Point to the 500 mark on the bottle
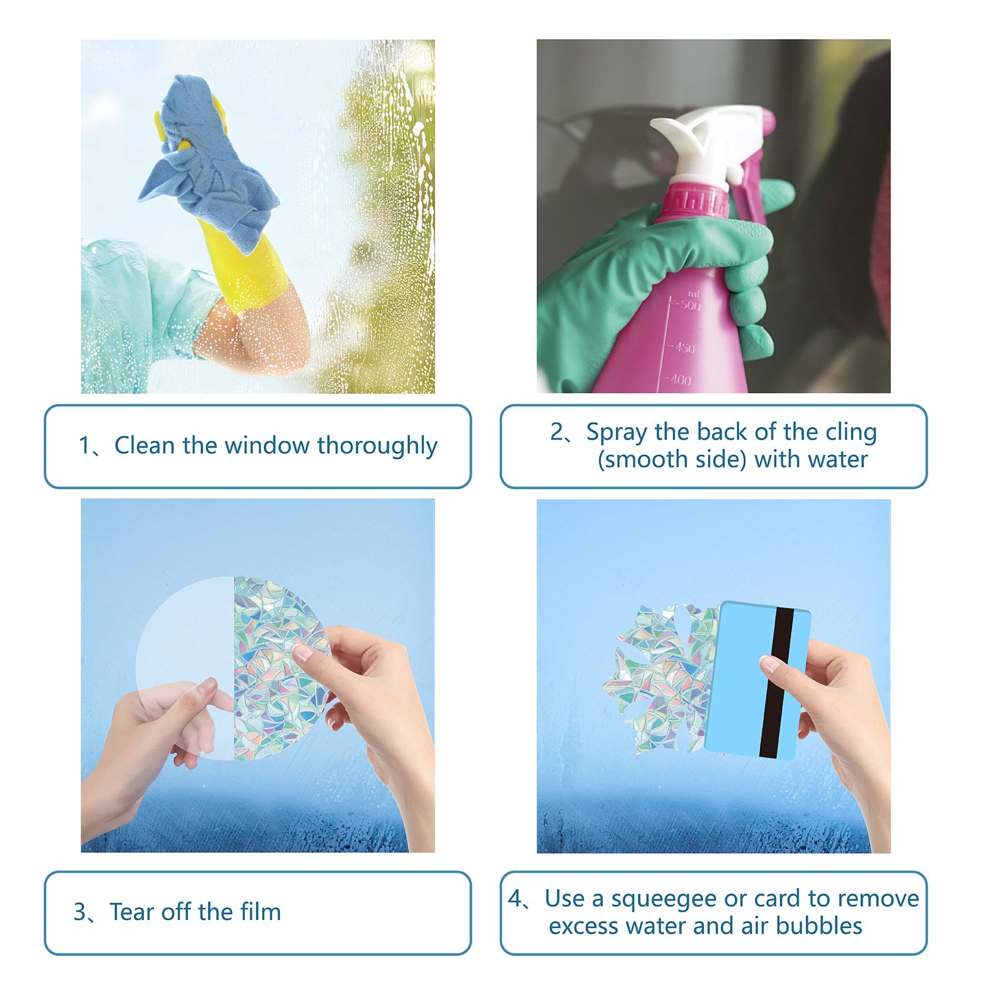click(x=688, y=305)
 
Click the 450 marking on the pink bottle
click(x=683, y=348)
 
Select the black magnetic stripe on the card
click(x=777, y=683)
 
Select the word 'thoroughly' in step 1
click(x=377, y=446)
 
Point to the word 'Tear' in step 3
click(x=132, y=912)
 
